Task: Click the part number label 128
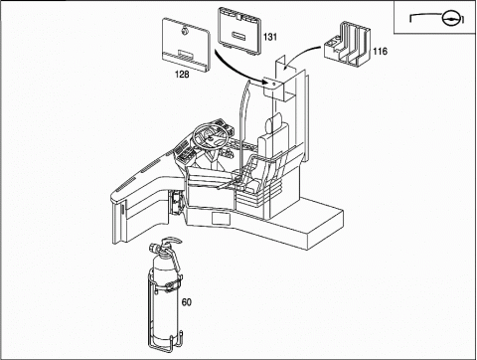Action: point(182,75)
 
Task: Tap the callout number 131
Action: point(270,37)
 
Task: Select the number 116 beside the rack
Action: point(380,51)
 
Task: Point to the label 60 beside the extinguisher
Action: point(187,302)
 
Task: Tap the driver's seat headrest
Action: point(274,122)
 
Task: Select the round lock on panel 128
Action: point(185,31)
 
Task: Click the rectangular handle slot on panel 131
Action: point(239,35)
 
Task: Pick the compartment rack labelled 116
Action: point(347,44)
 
